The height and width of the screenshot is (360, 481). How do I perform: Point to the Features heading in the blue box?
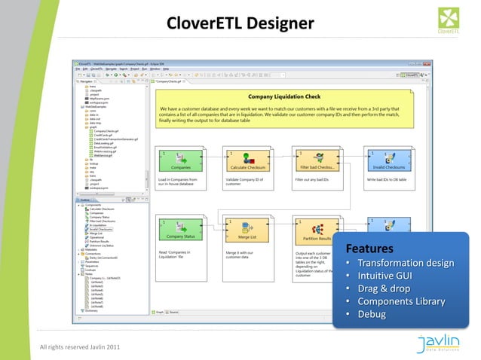point(369,249)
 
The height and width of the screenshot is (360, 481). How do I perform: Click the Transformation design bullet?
point(406,263)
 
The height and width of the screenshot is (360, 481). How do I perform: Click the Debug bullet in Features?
point(372,314)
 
